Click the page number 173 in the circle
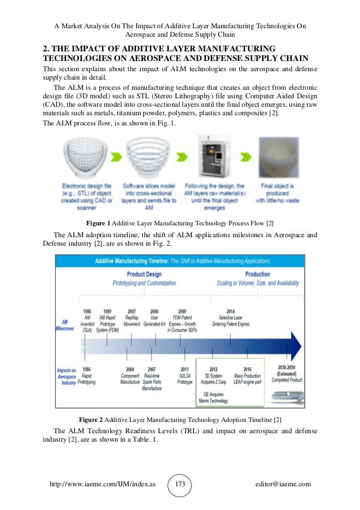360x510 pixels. (181, 484)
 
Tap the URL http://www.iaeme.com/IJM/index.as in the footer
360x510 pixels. (102, 484)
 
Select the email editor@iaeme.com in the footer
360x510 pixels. (283, 484)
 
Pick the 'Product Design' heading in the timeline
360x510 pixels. (144, 274)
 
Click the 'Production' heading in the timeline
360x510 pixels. (257, 274)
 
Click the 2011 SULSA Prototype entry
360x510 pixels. (185, 374)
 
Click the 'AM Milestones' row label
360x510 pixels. (65, 325)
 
